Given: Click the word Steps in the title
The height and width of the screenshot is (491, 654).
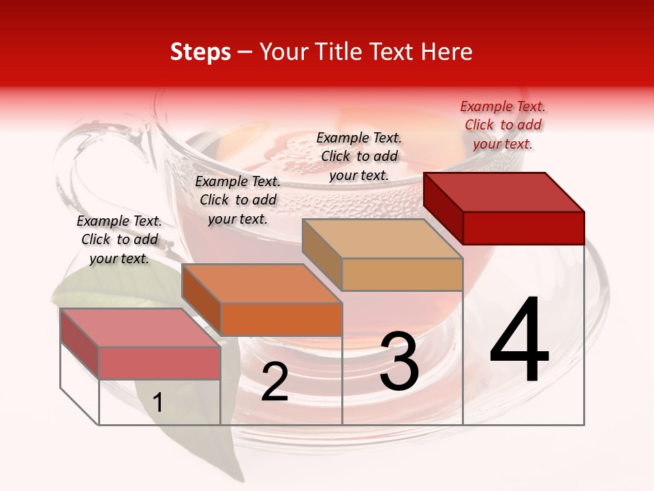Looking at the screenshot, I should coord(200,52).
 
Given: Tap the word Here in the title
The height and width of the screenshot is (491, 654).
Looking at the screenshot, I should coord(446,52).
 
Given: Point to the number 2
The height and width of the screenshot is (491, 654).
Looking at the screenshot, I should coord(275,382).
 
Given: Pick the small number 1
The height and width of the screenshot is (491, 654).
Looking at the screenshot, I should coord(158,402).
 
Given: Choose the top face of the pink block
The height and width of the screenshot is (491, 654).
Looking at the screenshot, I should coord(140,327).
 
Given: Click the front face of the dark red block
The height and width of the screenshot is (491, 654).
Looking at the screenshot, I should coord(523,228).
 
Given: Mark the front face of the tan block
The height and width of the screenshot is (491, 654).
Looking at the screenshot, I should coord(402,274).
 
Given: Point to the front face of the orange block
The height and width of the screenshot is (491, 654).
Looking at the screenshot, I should coord(281,319).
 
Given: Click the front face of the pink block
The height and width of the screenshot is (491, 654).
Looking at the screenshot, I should coord(159,363).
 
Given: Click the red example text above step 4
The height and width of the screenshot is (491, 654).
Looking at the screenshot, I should coord(503,125).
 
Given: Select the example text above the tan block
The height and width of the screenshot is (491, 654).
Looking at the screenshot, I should coord(359,156).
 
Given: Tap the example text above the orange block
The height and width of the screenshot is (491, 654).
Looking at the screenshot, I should coord(238,200).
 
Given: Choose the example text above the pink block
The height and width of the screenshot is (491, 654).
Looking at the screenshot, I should coord(119,239).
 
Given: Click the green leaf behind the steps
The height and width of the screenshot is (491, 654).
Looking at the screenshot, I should coord(109,286).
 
